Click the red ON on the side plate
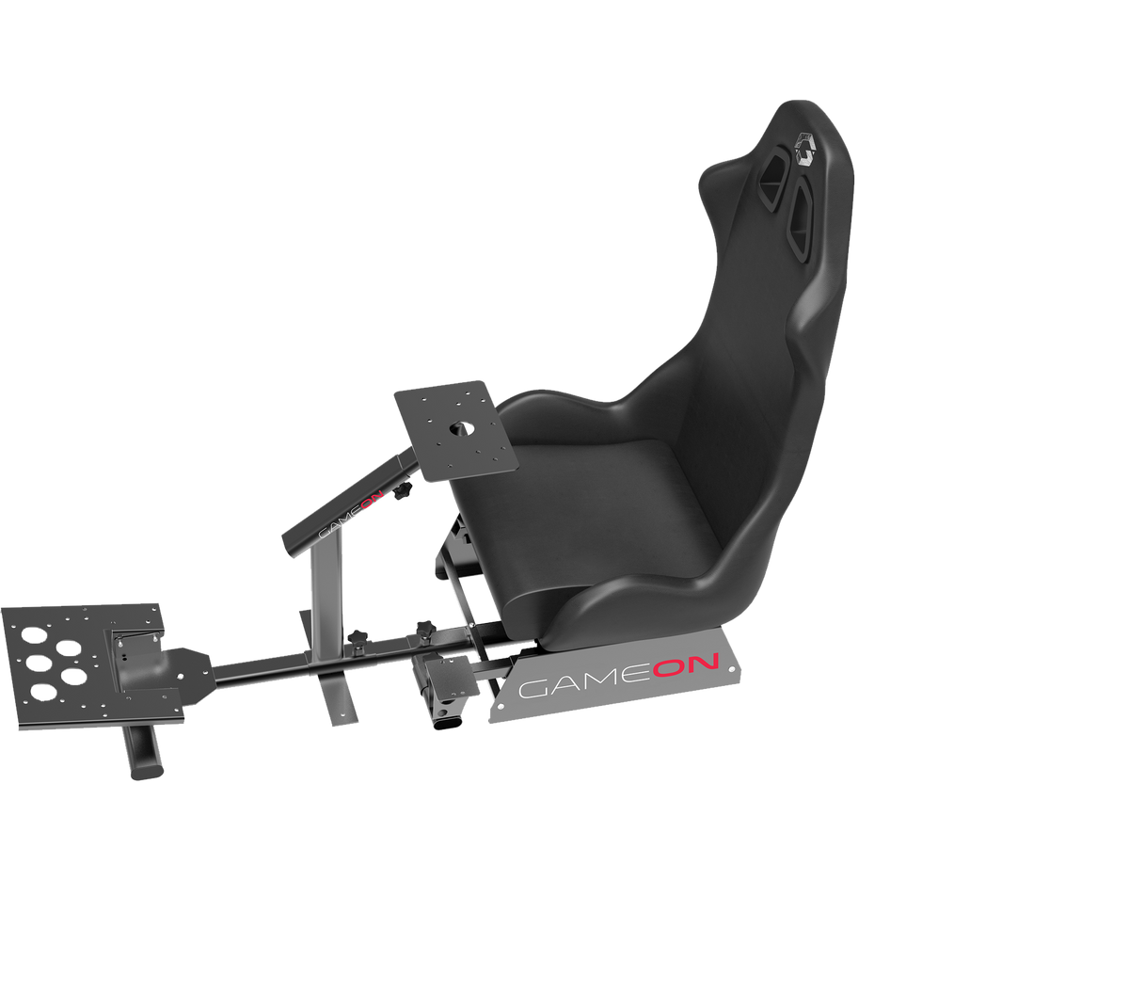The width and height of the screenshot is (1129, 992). [x=687, y=667]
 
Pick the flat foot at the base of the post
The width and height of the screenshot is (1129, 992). [x=337, y=701]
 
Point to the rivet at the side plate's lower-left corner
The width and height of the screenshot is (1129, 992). [x=495, y=715]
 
